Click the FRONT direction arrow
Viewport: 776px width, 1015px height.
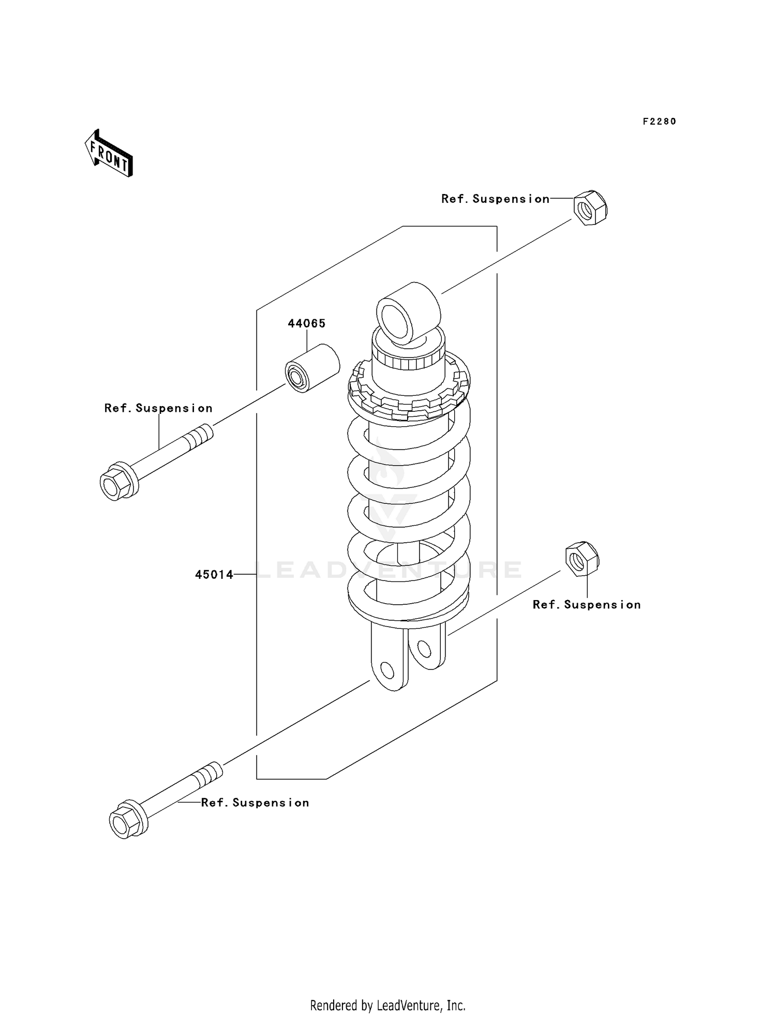pyautogui.click(x=109, y=154)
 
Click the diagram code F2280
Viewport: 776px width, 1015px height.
pyautogui.click(x=659, y=122)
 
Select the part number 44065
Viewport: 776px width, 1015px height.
pyautogui.click(x=306, y=323)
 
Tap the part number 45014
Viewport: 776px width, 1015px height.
pyautogui.click(x=214, y=574)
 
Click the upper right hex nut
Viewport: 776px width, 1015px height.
pyautogui.click(x=590, y=208)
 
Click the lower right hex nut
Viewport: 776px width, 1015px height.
pyautogui.click(x=582, y=559)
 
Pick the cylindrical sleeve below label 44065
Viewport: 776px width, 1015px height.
pyautogui.click(x=312, y=368)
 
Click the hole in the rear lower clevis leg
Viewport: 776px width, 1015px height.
pyautogui.click(x=424, y=648)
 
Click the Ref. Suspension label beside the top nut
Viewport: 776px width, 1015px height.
pyautogui.click(x=495, y=199)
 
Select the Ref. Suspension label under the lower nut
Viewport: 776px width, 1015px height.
pyautogui.click(x=587, y=605)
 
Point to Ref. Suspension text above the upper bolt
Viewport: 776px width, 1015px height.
pyautogui.click(x=158, y=408)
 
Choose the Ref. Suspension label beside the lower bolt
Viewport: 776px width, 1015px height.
pyautogui.click(x=255, y=803)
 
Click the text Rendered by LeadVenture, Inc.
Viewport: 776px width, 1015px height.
pyautogui.click(x=387, y=1005)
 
